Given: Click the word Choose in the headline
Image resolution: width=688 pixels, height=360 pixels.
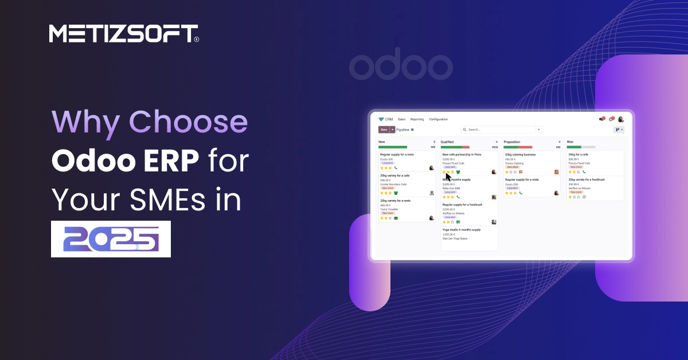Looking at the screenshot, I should [x=186, y=123].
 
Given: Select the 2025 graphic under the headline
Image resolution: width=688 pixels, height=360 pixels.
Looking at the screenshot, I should [x=111, y=238].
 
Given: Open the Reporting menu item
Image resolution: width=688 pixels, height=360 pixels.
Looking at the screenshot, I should [x=417, y=119].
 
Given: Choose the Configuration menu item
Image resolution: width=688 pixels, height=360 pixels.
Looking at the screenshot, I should [x=438, y=119].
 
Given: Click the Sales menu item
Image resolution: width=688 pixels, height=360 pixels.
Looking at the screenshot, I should [x=401, y=119].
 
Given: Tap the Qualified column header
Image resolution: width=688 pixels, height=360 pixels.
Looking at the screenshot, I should [x=447, y=142].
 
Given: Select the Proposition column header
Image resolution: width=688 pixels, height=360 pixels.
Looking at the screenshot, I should [x=512, y=142].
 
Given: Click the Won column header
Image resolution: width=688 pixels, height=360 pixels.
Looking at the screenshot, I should [x=570, y=142].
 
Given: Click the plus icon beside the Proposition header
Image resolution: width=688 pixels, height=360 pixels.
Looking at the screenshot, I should [x=559, y=142].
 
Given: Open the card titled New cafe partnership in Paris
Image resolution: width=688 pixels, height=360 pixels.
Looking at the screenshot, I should [x=462, y=155].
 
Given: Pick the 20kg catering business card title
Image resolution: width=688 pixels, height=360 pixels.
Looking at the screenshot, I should [x=520, y=155].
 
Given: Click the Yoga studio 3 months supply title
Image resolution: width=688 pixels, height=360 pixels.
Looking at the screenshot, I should [x=462, y=229].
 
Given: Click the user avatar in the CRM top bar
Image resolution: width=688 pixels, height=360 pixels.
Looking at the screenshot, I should [x=621, y=119].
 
